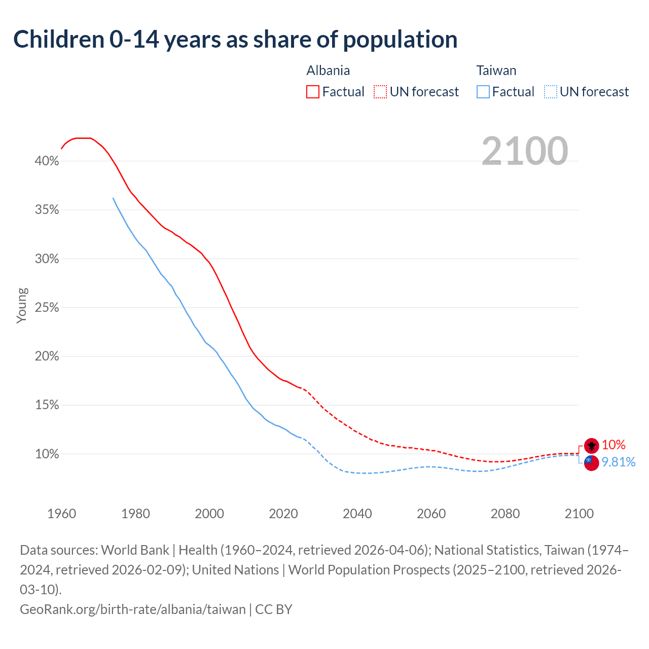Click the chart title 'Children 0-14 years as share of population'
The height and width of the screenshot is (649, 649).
tap(235, 40)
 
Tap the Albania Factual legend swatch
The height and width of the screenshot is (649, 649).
tap(313, 92)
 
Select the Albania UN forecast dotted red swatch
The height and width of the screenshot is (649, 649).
tap(380, 92)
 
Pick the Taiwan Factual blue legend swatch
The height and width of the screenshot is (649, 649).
tap(483, 92)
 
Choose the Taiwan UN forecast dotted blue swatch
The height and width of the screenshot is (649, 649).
tap(550, 92)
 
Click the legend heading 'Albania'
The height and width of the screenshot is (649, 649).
tap(328, 70)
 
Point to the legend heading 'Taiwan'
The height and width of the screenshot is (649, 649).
tap(496, 70)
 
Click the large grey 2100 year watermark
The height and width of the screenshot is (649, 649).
tap(524, 151)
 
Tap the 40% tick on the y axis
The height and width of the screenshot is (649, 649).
tap(47, 161)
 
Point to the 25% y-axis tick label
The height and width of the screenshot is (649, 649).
tap(47, 308)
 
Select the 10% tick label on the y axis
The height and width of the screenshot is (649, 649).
tap(47, 454)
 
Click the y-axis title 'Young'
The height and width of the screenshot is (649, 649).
tap(22, 305)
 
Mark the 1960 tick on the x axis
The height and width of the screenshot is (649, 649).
tap(62, 514)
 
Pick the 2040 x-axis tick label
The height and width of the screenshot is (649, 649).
tap(357, 514)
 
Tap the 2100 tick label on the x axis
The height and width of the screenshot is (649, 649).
tap(579, 514)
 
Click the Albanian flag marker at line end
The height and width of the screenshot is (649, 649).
tap(591, 446)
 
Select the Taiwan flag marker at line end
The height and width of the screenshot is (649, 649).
tap(591, 462)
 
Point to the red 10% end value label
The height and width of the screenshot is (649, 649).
tap(614, 445)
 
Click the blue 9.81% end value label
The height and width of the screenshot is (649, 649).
tap(618, 462)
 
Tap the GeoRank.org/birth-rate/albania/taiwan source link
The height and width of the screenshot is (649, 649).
tap(133, 609)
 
